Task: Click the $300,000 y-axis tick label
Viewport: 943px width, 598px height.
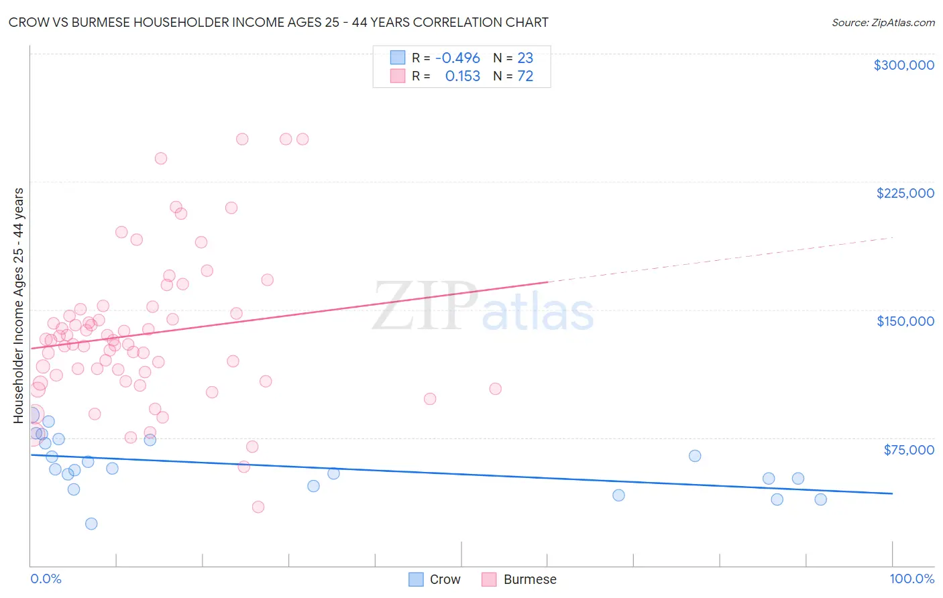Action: [903, 65]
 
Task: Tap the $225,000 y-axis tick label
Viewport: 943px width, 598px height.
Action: [905, 193]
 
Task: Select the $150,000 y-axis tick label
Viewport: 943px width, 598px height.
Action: [905, 321]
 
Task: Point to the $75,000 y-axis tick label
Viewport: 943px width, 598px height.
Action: [909, 450]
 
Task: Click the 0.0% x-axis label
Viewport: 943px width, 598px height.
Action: [46, 579]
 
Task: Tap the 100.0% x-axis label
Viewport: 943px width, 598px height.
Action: [911, 579]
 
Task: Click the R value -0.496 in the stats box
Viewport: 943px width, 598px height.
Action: [457, 58]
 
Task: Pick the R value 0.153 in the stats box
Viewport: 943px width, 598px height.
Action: [462, 76]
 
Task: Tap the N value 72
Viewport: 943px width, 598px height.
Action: [525, 76]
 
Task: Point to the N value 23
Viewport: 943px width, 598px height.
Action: [525, 58]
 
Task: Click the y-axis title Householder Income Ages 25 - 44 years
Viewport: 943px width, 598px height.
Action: [19, 306]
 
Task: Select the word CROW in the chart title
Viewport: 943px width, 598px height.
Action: [28, 23]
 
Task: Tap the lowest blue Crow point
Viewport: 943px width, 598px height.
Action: [91, 524]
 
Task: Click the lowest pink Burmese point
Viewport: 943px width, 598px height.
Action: [258, 507]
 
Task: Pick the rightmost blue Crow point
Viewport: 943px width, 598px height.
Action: [820, 499]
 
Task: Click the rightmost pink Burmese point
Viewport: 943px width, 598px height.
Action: [496, 389]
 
